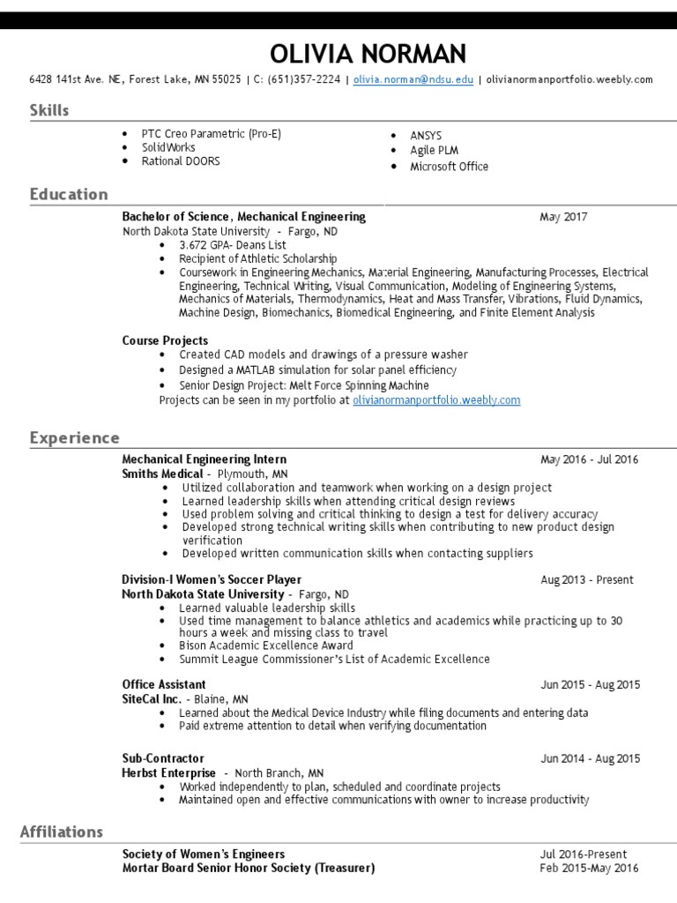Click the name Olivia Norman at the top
[368, 54]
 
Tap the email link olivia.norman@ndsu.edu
[413, 79]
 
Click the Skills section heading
[49, 110]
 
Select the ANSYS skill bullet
[426, 136]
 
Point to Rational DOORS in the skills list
[181, 161]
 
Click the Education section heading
[69, 194]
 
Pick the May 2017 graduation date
[563, 217]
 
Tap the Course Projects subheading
[165, 340]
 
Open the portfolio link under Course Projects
[436, 399]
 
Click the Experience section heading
[75, 437]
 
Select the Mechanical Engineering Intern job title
[204, 459]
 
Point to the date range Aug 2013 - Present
[587, 580]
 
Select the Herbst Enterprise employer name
[168, 772]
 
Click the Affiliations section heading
[62, 832]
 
